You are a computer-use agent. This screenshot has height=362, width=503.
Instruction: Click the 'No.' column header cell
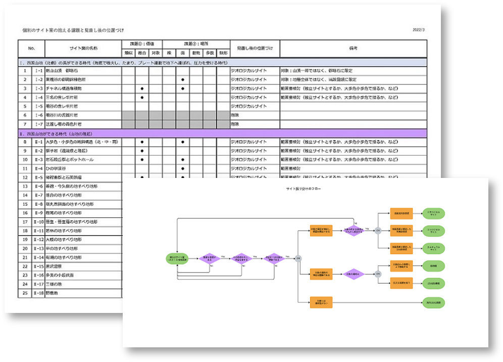pyautogui.click(x=31, y=48)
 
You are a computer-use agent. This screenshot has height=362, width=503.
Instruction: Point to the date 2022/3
pyautogui.click(x=419, y=30)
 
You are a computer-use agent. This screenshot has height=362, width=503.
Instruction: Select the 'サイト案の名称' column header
pyautogui.click(x=83, y=48)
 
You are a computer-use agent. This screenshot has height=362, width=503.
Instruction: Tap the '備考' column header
pyautogui.click(x=353, y=48)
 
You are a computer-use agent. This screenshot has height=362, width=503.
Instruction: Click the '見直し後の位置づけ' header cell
pyautogui.click(x=255, y=48)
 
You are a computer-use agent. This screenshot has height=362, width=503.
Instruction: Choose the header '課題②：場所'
pyautogui.click(x=197, y=44)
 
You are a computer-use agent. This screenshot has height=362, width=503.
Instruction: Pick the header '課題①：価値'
pyautogui.click(x=142, y=44)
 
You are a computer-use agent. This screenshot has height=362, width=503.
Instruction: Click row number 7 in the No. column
pyautogui.click(x=25, y=124)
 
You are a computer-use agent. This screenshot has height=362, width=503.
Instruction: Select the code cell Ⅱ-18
pyautogui.click(x=38, y=293)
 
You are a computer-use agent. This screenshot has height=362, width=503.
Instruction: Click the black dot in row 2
pyautogui.click(x=182, y=80)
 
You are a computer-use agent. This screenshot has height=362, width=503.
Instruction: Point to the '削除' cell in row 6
pyautogui.click(x=235, y=115)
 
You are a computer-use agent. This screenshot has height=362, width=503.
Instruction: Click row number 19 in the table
pyautogui.click(x=25, y=240)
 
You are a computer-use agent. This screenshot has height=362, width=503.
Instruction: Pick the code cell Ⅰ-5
pyautogui.click(x=38, y=106)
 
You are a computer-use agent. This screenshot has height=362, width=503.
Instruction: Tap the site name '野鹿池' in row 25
pyautogui.click(x=53, y=293)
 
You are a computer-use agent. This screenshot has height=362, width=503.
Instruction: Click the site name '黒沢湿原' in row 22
pyautogui.click(x=54, y=266)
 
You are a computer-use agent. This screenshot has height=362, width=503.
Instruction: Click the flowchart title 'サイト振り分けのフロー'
pyautogui.click(x=303, y=189)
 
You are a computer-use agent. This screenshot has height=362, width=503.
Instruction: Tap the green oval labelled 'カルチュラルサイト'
pyautogui.click(x=434, y=247)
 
